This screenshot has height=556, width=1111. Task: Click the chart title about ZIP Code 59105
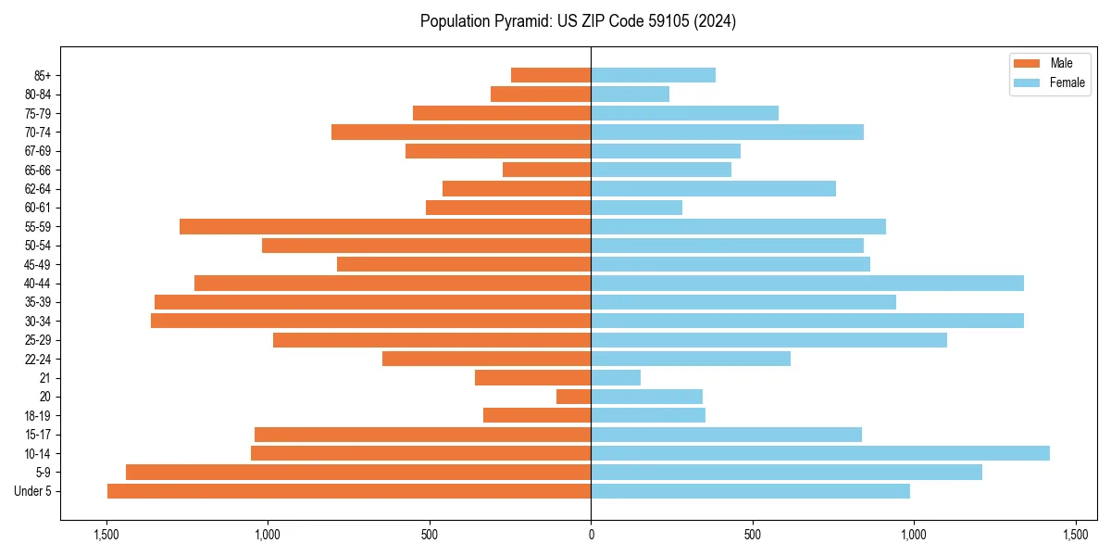(578, 21)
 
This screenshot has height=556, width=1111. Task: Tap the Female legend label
(1067, 82)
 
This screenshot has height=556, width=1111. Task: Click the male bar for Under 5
(349, 491)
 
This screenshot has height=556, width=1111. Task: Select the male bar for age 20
(573, 397)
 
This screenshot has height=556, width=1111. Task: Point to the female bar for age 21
(616, 377)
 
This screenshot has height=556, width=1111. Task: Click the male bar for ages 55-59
(385, 226)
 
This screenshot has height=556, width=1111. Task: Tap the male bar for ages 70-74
(461, 132)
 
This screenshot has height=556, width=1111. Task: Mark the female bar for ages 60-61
(636, 208)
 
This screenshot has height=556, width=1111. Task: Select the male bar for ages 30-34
(370, 321)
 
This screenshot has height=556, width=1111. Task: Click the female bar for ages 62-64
(713, 188)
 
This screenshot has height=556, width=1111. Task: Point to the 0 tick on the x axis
(591, 535)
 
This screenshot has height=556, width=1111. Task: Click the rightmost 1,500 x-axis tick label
(1075, 535)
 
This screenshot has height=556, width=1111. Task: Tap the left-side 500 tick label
(430, 535)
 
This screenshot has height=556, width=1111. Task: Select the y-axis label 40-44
(38, 284)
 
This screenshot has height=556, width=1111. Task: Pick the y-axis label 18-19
(38, 416)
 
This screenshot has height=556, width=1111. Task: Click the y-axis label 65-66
(38, 170)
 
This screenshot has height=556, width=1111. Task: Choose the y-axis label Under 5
(32, 491)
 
